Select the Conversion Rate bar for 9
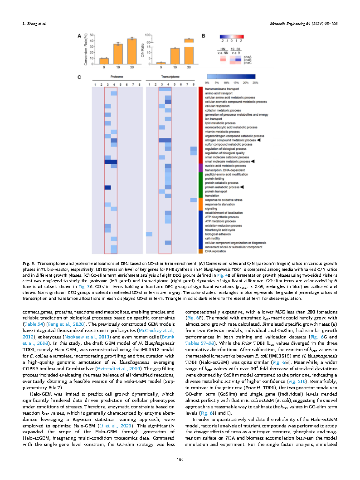(104, 61)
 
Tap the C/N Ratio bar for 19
(175, 56)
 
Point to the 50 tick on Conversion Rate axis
(92, 35)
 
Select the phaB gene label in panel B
(248, 59)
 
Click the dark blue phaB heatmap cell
(238, 59)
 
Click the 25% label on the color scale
(255, 83)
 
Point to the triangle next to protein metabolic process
(243, 187)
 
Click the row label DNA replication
(214, 251)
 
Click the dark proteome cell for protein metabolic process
(107, 187)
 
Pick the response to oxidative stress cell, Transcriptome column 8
(193, 200)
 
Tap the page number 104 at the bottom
(180, 460)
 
